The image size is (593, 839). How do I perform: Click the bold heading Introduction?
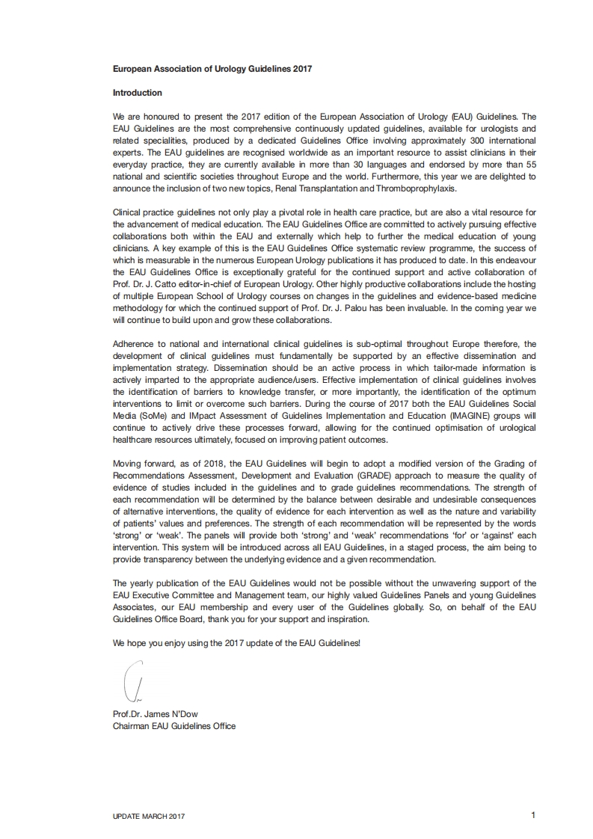137,93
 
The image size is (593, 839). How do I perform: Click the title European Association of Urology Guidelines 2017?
212,69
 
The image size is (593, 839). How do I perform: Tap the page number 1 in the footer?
533,814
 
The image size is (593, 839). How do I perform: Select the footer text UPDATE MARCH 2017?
148,816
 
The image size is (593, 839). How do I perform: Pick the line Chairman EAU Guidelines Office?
173,725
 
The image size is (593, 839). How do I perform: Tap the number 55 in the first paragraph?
529,165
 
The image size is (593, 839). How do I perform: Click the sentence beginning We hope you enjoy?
236,642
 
